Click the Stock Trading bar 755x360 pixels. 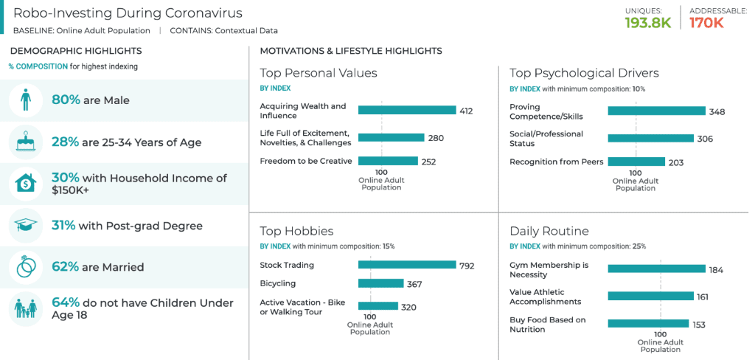[x=407, y=265]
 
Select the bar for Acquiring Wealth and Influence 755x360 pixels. [x=407, y=110]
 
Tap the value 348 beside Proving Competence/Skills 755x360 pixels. [x=717, y=112]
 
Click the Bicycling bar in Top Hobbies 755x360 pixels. [x=380, y=283]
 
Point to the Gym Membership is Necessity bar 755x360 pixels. [x=656, y=269]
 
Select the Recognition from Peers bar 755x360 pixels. [x=636, y=162]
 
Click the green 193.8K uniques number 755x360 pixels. [x=647, y=23]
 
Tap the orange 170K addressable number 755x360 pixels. [x=706, y=23]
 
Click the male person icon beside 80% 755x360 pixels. [x=26, y=100]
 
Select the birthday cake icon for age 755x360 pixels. [x=26, y=142]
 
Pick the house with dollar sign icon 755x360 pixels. [x=26, y=184]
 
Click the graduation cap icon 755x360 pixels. [x=26, y=226]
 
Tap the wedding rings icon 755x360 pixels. [x=26, y=267]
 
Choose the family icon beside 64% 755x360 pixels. [x=26, y=308]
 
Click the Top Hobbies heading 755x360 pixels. [x=296, y=231]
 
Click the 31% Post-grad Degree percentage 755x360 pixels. [x=63, y=226]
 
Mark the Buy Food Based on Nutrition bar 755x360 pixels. [x=648, y=324]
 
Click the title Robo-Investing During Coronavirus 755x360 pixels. [x=127, y=13]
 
